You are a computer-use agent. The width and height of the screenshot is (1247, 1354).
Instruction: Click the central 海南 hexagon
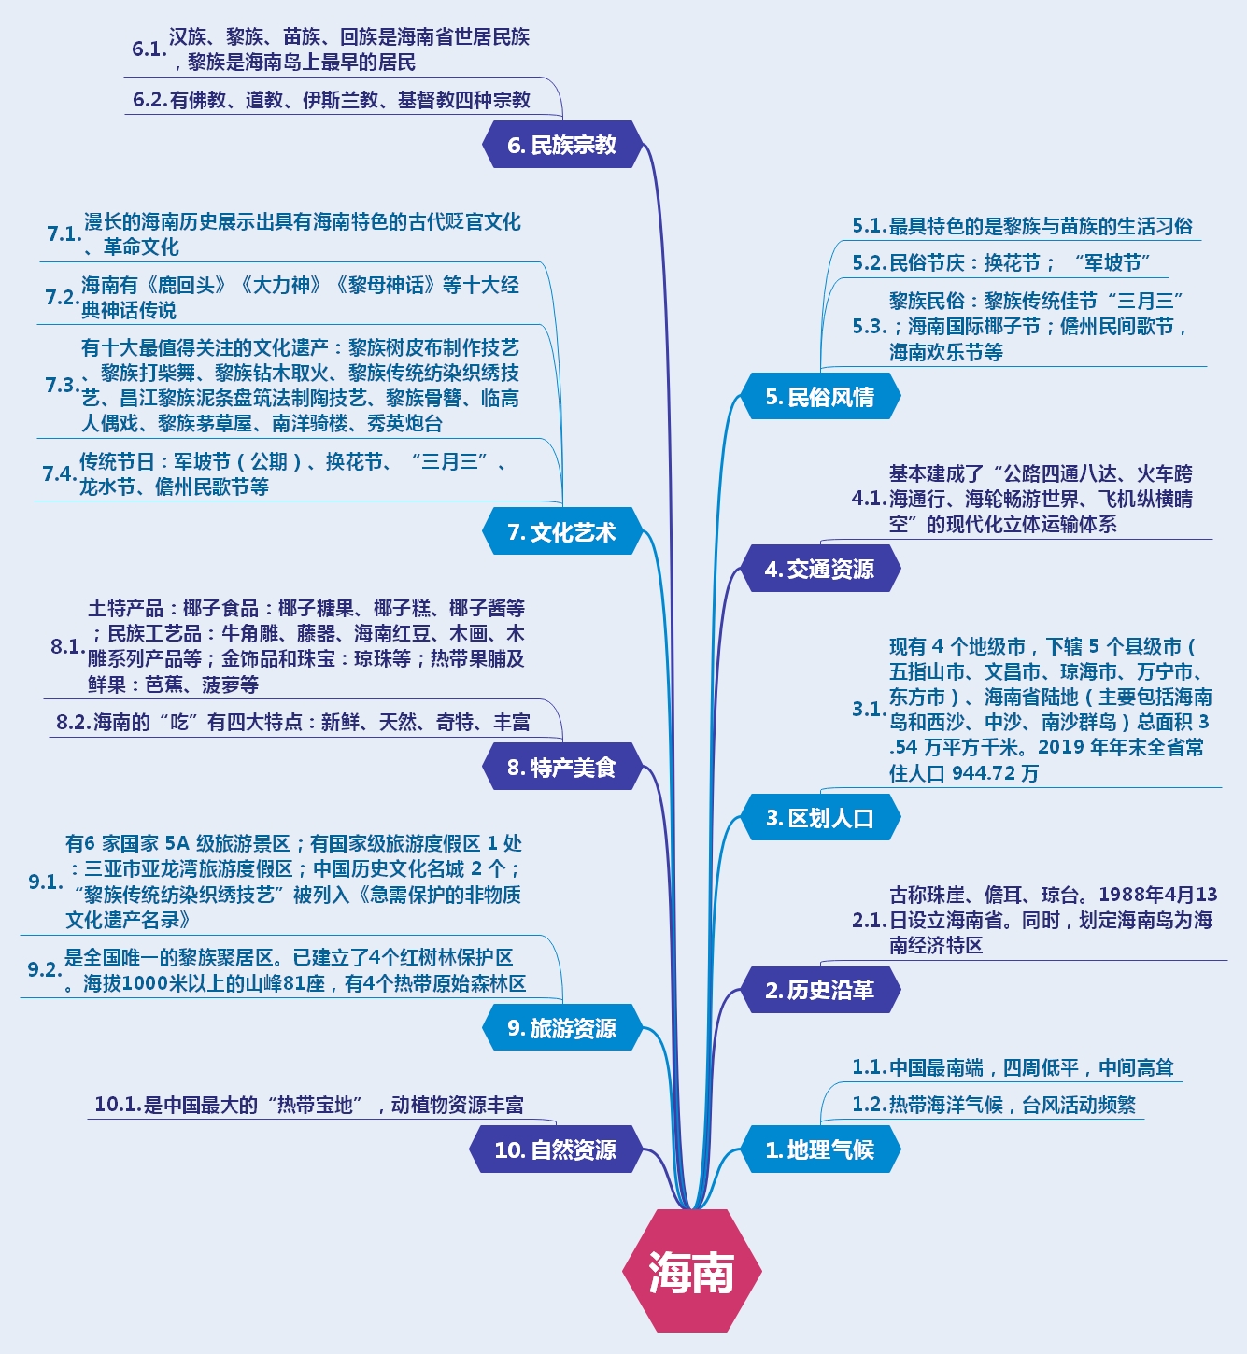[691, 1271]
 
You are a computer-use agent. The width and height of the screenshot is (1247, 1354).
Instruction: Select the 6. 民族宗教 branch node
[561, 145]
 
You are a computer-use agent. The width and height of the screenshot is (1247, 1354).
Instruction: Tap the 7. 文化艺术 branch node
[561, 532]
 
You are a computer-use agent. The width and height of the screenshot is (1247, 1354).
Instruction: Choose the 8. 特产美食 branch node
[561, 768]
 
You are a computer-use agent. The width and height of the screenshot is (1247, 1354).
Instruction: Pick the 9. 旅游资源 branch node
[561, 1028]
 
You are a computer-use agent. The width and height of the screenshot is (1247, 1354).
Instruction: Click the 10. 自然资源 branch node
[555, 1149]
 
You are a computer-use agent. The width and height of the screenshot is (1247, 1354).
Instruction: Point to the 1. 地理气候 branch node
[819, 1149]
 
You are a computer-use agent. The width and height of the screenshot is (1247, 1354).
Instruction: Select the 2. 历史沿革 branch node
[819, 990]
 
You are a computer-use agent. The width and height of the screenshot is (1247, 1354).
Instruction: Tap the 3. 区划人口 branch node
[819, 818]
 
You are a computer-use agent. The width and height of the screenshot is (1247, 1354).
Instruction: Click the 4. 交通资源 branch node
[819, 569]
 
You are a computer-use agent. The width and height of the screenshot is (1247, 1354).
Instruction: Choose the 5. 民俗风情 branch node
[819, 397]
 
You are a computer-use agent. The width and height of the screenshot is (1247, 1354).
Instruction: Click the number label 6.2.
[149, 100]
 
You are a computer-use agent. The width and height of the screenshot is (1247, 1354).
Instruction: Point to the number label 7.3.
[62, 385]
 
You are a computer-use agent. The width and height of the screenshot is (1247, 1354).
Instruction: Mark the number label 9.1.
[45, 882]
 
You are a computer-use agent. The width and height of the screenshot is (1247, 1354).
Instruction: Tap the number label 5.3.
[869, 326]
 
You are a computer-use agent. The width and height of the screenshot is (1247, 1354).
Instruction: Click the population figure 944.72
[985, 773]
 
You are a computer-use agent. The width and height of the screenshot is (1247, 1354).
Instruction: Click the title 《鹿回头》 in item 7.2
[186, 285]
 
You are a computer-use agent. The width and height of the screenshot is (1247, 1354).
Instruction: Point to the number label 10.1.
[118, 1105]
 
